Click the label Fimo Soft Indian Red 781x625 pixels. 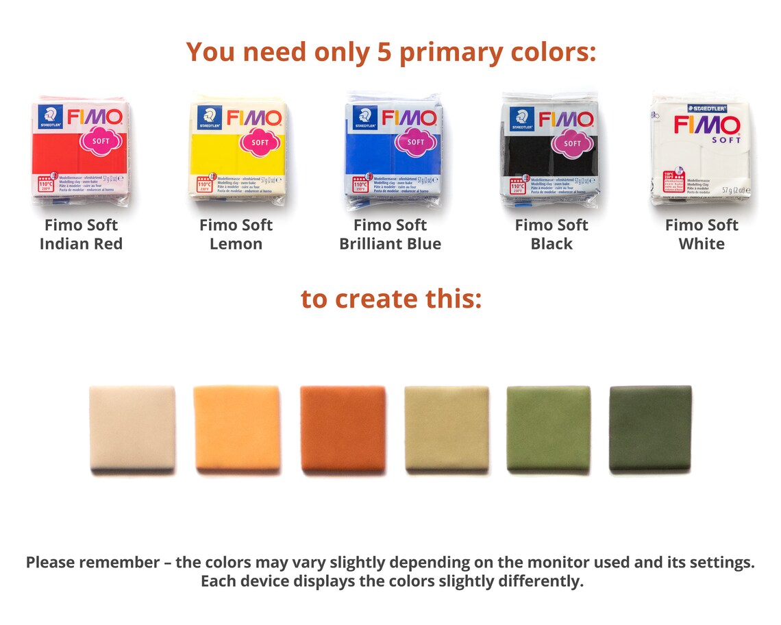[x=81, y=234]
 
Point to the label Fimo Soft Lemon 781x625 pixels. [x=236, y=234]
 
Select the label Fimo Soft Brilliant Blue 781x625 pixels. [x=390, y=234]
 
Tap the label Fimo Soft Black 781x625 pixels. [x=551, y=234]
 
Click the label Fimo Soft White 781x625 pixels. [x=702, y=234]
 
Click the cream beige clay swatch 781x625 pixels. [x=132, y=428]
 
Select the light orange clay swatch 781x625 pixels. [x=237, y=428]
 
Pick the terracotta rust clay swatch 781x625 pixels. [x=343, y=428]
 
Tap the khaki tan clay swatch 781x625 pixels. [x=447, y=428]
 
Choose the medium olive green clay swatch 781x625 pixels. [x=548, y=428]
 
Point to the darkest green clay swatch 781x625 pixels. [x=651, y=428]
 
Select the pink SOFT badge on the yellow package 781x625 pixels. [x=260, y=142]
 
